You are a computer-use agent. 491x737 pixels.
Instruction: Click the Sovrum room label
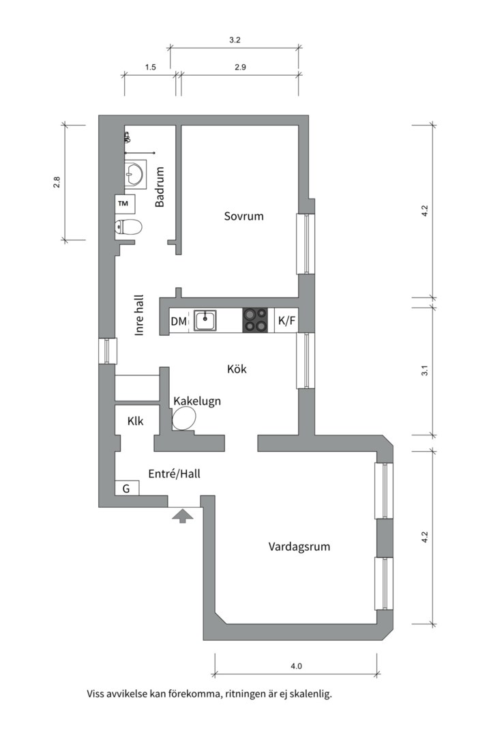tap(243, 216)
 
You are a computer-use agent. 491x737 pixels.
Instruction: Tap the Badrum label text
tap(160, 187)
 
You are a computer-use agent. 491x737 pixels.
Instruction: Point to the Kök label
tap(237, 369)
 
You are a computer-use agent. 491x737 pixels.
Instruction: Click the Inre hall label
tap(139, 315)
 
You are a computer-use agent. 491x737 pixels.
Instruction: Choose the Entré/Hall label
tap(174, 473)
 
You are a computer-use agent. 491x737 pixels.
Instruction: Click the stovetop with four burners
tap(256, 320)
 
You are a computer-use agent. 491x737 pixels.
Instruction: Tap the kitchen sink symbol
tap(205, 320)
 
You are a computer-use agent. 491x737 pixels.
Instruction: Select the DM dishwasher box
tap(179, 321)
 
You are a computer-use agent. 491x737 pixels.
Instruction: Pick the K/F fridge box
tap(286, 321)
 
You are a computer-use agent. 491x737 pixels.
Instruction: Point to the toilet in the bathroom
tap(129, 227)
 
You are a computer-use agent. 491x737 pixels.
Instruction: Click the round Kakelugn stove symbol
tap(184, 418)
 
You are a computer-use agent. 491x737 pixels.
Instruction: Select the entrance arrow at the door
tap(182, 516)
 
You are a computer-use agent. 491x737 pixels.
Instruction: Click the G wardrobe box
tap(127, 488)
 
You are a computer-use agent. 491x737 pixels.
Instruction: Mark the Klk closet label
tap(135, 421)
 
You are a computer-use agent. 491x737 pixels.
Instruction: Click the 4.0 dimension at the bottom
tap(295, 666)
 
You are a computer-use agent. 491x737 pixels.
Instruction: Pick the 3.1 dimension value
tap(424, 371)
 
